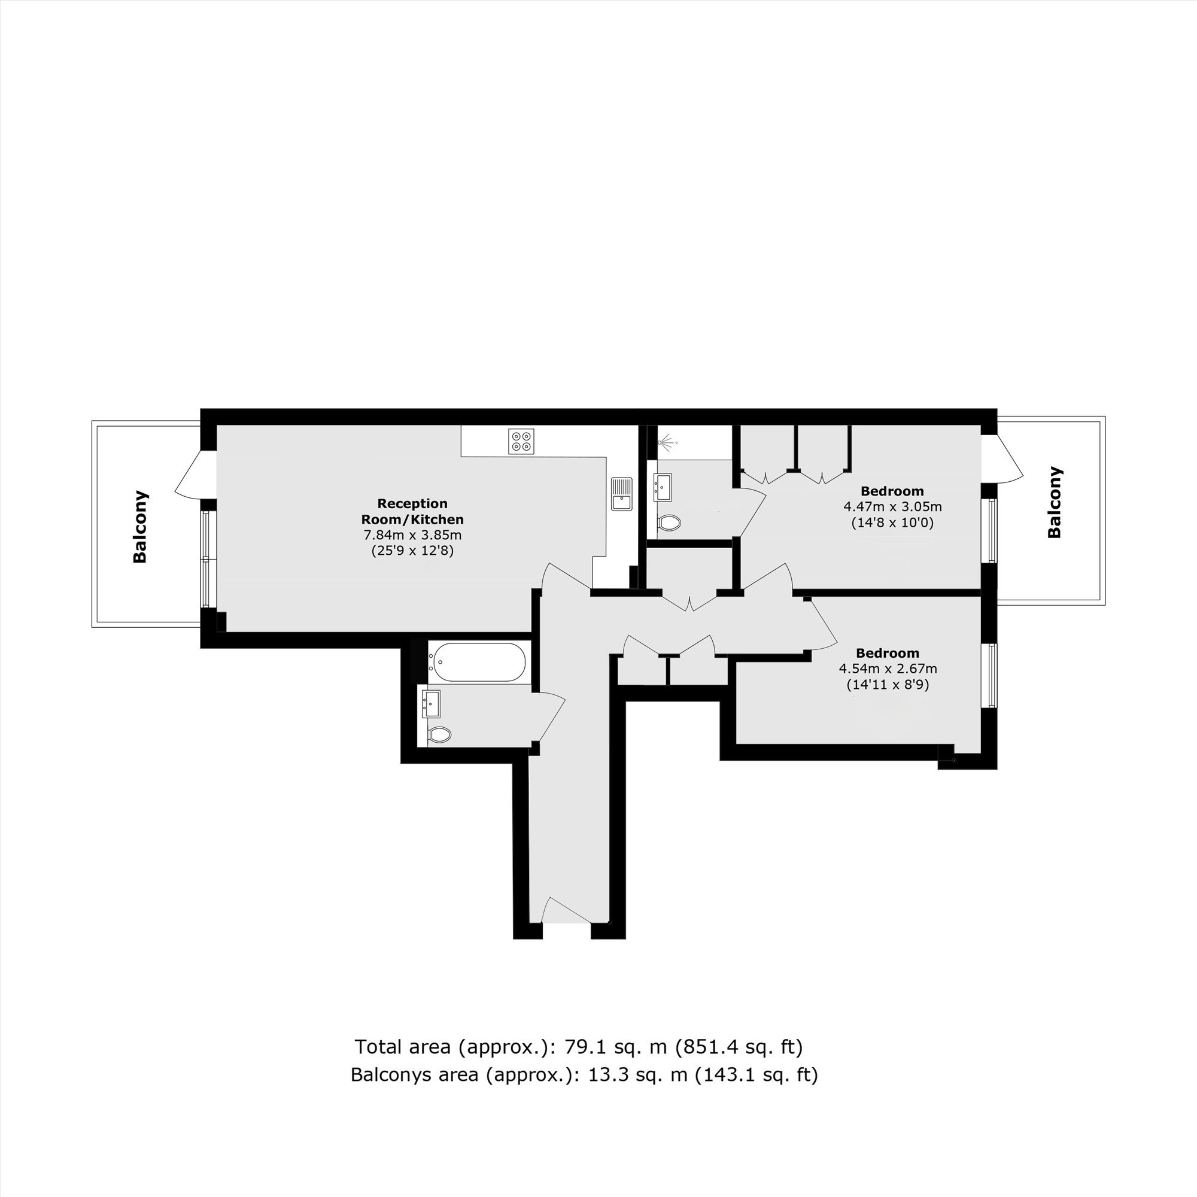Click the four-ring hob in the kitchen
(521, 440)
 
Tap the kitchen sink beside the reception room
(621, 493)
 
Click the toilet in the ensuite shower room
(669, 522)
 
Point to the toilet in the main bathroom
(439, 735)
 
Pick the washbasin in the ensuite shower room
(663, 487)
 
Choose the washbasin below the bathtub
(431, 703)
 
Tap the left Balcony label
(140, 527)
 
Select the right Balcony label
(1054, 503)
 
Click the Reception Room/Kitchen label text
(412, 511)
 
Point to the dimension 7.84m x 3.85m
(412, 534)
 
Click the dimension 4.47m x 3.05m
(892, 507)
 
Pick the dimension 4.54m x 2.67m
(887, 669)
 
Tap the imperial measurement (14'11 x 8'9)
(887, 685)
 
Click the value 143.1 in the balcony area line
(716, 1074)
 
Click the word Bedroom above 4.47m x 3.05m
(892, 491)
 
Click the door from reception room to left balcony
(192, 474)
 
